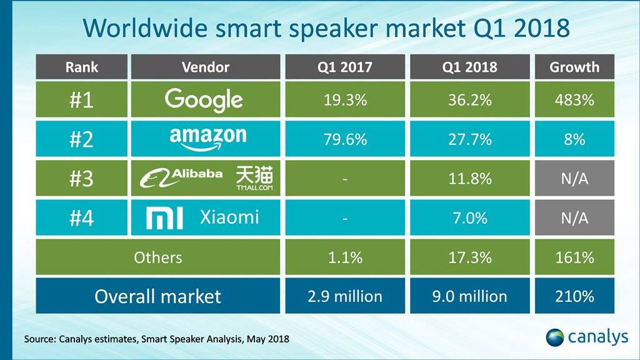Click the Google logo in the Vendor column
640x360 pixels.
point(204,100)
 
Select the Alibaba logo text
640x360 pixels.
point(181,177)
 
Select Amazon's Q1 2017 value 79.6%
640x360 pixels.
point(344,139)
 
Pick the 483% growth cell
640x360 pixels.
point(574,100)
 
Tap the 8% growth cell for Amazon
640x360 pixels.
point(574,139)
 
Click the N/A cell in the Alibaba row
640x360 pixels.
point(574,179)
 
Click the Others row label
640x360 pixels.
point(158,257)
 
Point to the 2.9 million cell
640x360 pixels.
point(344,296)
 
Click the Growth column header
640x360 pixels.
point(574,67)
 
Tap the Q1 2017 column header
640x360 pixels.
point(344,67)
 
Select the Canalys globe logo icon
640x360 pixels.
point(555,337)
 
